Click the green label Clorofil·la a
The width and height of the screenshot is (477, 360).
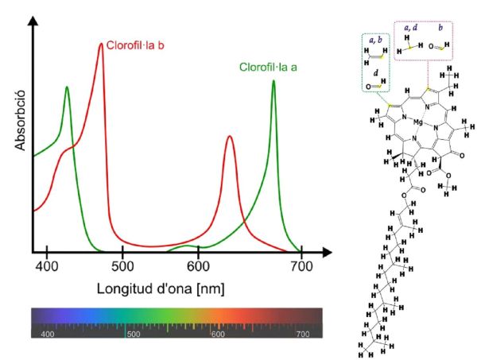click(x=269, y=67)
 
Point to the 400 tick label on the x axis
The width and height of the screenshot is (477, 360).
click(x=47, y=264)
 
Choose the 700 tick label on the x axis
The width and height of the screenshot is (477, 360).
click(x=301, y=264)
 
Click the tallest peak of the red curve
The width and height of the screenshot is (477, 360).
click(x=101, y=45)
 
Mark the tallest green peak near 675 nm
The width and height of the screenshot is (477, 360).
click(x=273, y=81)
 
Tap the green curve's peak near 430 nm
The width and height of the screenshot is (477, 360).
click(x=67, y=87)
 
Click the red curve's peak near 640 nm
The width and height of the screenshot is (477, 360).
click(x=230, y=137)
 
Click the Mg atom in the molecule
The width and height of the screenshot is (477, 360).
click(x=419, y=123)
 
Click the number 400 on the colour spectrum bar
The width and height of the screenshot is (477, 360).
click(x=46, y=334)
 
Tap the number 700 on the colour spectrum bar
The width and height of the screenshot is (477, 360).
click(x=303, y=334)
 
